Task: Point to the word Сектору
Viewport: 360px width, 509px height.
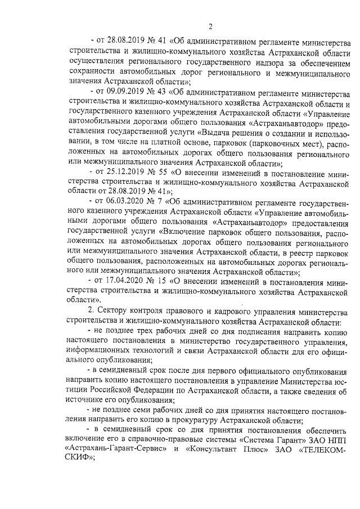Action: click(x=116, y=310)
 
